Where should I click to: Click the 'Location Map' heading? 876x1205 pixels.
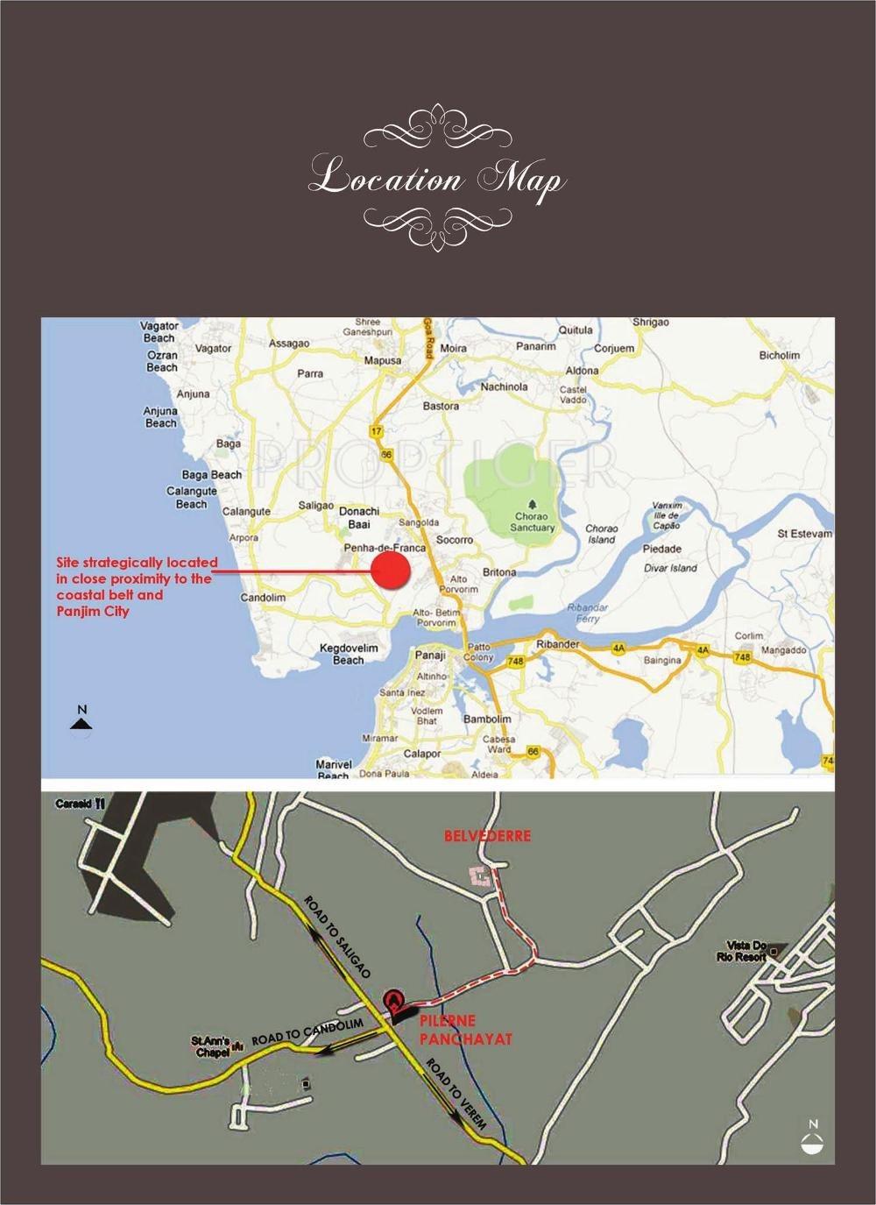pyautogui.click(x=437, y=178)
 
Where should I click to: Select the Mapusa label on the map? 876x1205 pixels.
pyautogui.click(x=383, y=360)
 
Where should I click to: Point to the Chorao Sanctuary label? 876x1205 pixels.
pyautogui.click(x=533, y=522)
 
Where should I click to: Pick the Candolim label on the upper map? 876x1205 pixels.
pyautogui.click(x=264, y=598)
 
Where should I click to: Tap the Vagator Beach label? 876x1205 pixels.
pyautogui.click(x=159, y=331)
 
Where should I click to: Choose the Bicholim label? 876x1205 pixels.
pyautogui.click(x=779, y=355)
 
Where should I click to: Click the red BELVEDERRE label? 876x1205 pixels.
pyautogui.click(x=487, y=836)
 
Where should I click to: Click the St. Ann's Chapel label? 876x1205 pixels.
pyautogui.click(x=211, y=1047)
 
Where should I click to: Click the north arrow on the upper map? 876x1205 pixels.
pyautogui.click(x=81, y=719)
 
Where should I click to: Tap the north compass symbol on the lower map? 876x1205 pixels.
pyautogui.click(x=814, y=1138)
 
